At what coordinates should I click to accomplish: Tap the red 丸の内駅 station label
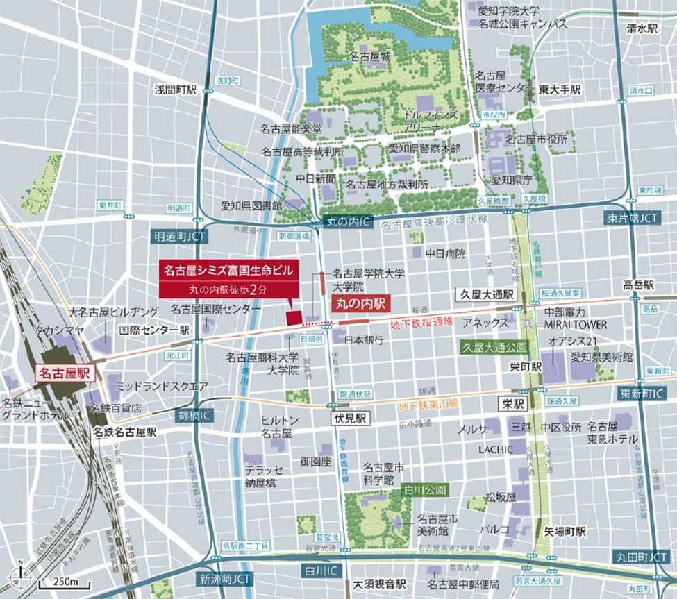coord(360,303)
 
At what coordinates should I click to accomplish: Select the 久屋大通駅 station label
coord(485,293)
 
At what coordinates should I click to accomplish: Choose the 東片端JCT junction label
coord(630,218)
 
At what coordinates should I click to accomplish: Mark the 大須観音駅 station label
coord(379,584)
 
